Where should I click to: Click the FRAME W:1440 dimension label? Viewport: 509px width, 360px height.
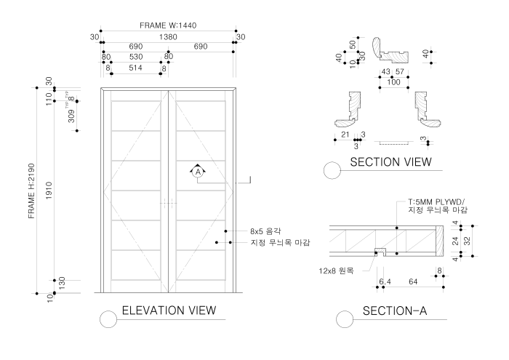[x=168, y=25]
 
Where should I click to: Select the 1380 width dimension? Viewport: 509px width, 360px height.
[x=168, y=36]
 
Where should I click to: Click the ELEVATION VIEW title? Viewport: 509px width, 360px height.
[x=169, y=311]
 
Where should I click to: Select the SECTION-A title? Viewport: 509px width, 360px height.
[x=394, y=311]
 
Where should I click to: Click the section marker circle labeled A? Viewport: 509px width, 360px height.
[x=196, y=172]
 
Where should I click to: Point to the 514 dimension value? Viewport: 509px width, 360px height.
[x=135, y=67]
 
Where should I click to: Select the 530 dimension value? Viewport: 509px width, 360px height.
[x=135, y=57]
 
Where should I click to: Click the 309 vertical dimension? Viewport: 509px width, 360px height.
[x=71, y=116]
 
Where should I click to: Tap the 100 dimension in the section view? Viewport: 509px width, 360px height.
[x=394, y=82]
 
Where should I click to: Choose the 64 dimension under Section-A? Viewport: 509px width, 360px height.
[x=412, y=280]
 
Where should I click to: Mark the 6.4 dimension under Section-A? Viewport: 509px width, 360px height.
[x=385, y=280]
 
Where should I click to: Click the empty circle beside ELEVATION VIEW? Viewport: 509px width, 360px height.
[x=108, y=319]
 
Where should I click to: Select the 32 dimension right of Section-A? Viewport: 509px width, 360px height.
[x=467, y=239]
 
